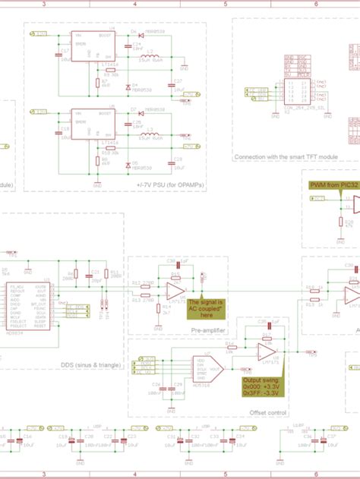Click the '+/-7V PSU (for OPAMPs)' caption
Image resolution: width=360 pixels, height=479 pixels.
coord(170,184)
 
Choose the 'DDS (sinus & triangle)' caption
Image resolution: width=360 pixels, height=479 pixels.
coord(90,366)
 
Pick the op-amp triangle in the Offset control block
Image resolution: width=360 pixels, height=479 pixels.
coord(266,351)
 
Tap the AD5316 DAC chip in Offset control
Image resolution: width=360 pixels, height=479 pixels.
coord(203,370)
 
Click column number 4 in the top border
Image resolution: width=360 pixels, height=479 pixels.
coord(135,4)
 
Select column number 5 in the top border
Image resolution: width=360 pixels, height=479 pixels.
coord(226,4)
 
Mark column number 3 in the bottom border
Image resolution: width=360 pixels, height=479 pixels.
coord(44,474)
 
